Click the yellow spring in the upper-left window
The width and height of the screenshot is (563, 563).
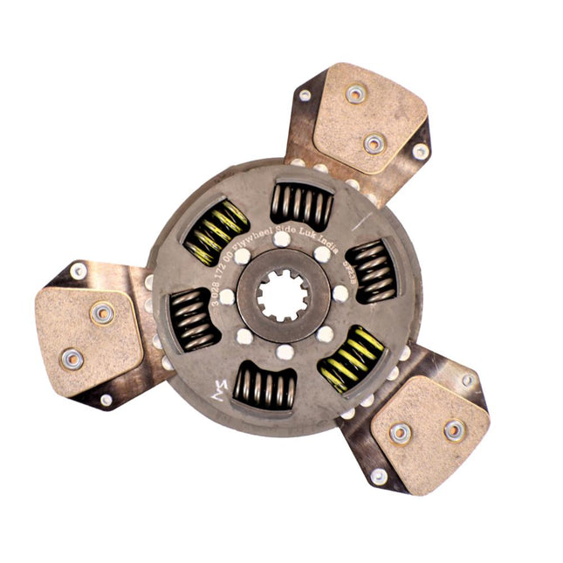[x=216, y=231]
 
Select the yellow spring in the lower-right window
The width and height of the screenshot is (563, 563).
[x=354, y=359]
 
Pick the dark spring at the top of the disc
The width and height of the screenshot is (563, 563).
[x=301, y=205]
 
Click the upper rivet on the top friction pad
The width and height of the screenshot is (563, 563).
[x=355, y=93]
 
